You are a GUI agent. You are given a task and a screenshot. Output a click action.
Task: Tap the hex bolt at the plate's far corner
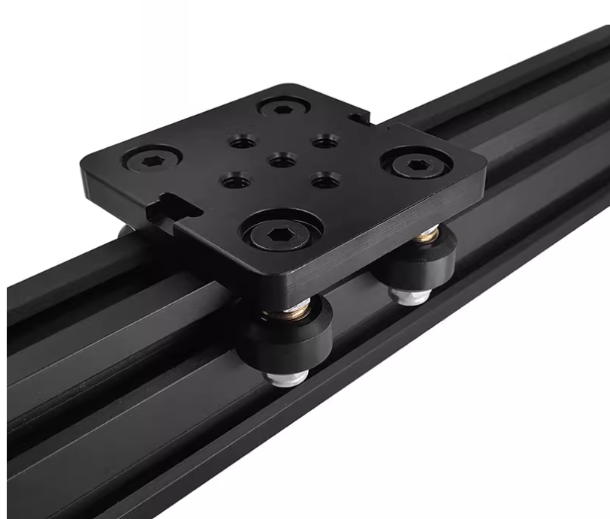coord(283,109)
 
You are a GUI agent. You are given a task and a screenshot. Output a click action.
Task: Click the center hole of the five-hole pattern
coord(279,159)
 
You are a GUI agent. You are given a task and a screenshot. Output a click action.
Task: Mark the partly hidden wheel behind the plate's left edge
coord(125,230)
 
